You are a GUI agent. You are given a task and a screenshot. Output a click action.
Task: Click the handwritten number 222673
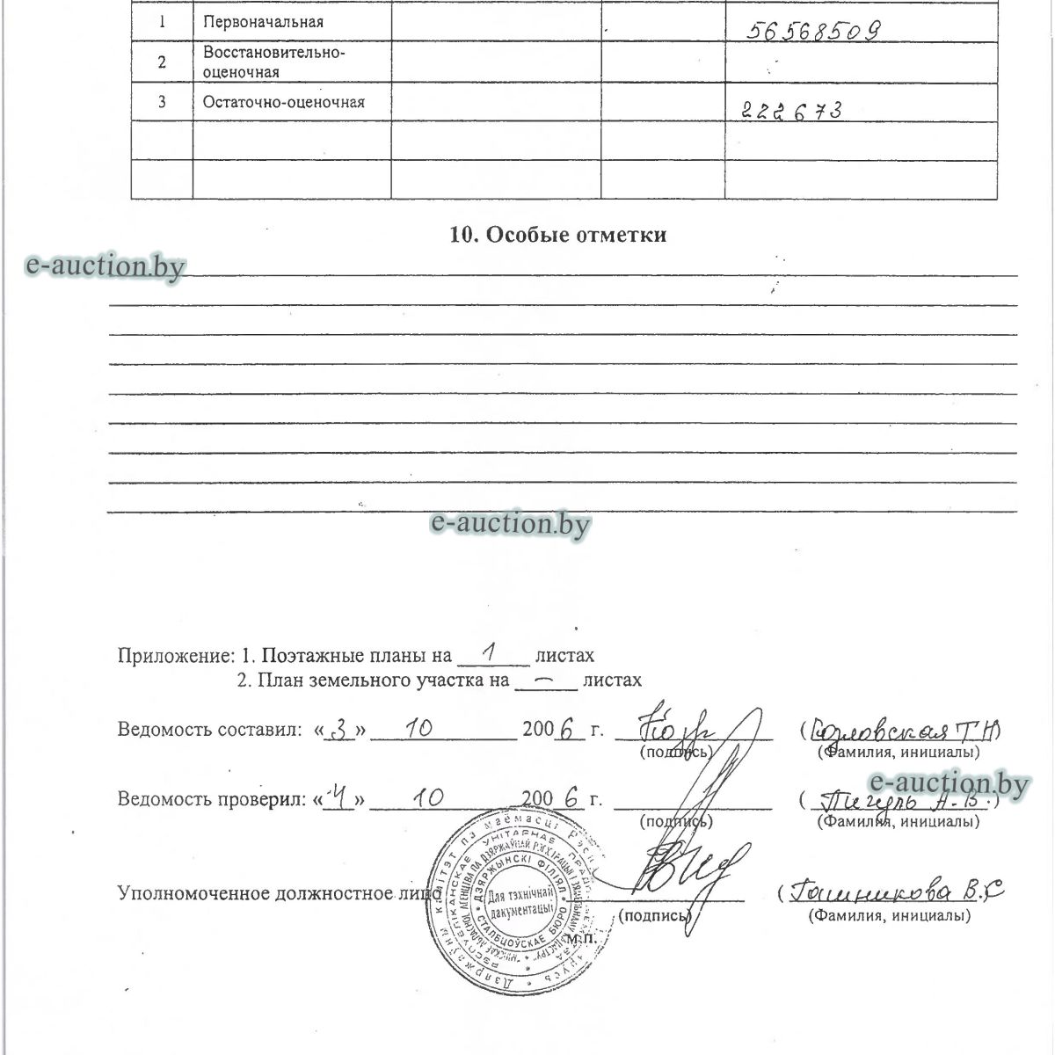(x=792, y=111)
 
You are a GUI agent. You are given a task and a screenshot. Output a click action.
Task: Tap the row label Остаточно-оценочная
(x=283, y=102)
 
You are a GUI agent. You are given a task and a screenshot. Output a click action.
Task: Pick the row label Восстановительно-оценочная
(x=273, y=62)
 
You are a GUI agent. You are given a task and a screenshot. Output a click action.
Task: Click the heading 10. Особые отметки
(x=557, y=235)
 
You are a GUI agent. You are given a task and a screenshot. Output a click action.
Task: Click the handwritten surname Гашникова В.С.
(x=896, y=892)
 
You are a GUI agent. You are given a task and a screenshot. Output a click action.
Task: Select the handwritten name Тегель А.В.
(x=906, y=802)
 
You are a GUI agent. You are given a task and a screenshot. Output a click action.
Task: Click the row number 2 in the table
(x=162, y=62)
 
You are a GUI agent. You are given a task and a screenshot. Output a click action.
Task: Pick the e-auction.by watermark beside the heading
(x=106, y=266)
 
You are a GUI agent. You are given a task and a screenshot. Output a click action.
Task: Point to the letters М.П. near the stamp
(x=581, y=938)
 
